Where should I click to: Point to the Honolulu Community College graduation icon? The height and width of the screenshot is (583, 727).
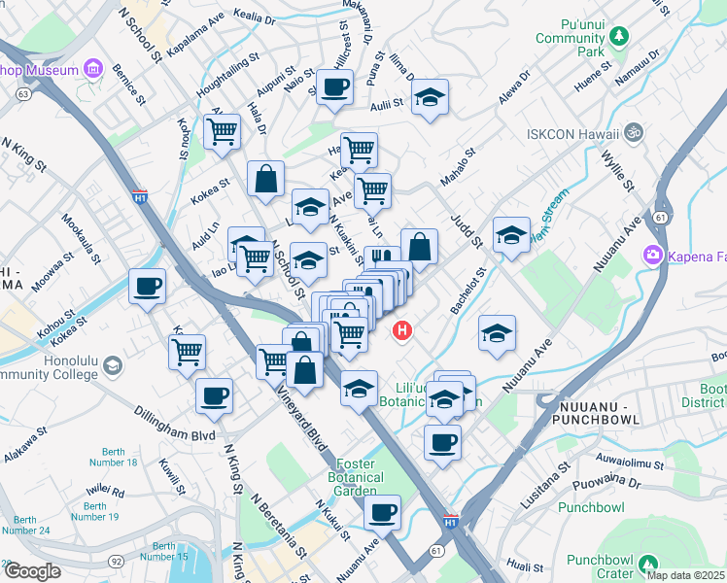[113, 365]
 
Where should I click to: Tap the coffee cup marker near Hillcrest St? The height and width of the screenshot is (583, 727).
[334, 87]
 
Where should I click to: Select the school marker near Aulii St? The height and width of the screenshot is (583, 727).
[430, 97]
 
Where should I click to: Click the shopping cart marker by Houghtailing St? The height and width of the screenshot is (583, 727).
[223, 131]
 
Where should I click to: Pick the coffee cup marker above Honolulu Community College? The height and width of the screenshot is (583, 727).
[148, 286]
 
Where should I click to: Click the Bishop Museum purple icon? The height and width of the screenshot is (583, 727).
[93, 68]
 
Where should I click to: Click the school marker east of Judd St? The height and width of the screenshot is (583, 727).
[511, 234]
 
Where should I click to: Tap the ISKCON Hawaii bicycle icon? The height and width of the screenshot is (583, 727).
[635, 130]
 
